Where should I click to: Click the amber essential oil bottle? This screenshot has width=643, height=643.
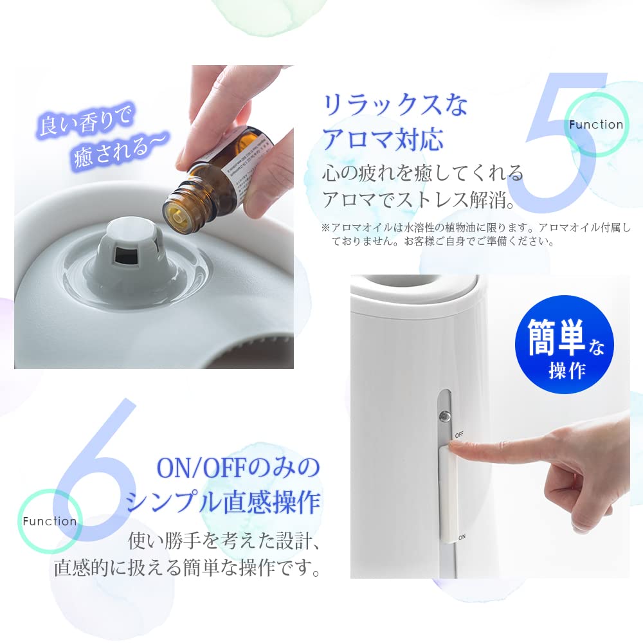point(206,186)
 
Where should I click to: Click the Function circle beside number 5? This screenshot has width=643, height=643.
point(596,125)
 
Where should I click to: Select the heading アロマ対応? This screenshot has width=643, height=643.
point(383,139)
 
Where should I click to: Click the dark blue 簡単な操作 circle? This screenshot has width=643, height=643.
point(565,345)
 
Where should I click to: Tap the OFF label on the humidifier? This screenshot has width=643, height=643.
point(459,435)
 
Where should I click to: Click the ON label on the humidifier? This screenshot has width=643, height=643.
point(461,536)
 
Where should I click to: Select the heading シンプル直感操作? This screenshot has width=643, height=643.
point(223,502)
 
